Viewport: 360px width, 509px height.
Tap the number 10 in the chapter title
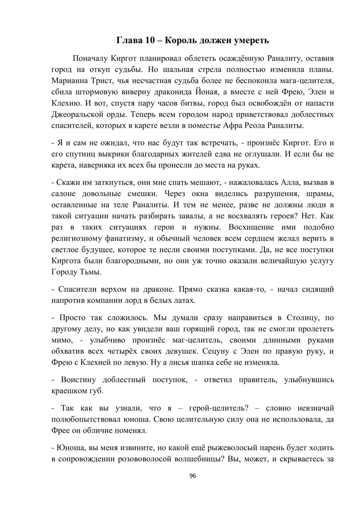coord(150,40)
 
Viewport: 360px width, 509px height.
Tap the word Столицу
coord(302,318)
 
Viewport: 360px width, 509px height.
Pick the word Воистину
coord(80,380)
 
